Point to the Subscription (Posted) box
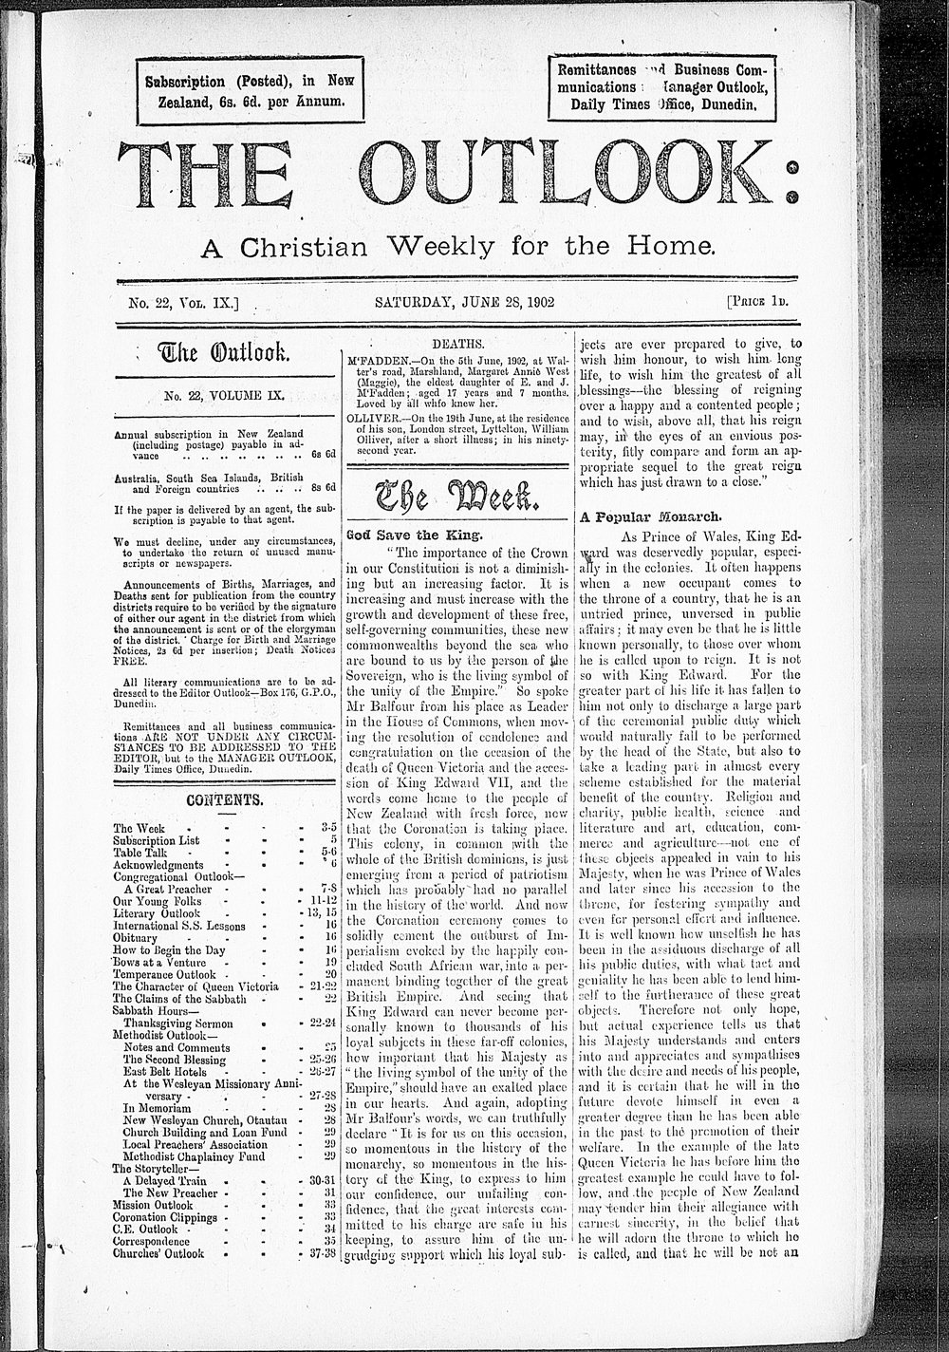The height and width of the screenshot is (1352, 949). pos(250,91)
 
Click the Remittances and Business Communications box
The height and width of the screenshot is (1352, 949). pos(663,87)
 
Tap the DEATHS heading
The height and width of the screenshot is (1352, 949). pos(458,344)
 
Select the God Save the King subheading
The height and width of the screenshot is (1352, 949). pos(389,535)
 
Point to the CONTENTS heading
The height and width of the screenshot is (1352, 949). pos(225,799)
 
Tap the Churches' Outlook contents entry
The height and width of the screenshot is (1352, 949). pos(158,1253)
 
